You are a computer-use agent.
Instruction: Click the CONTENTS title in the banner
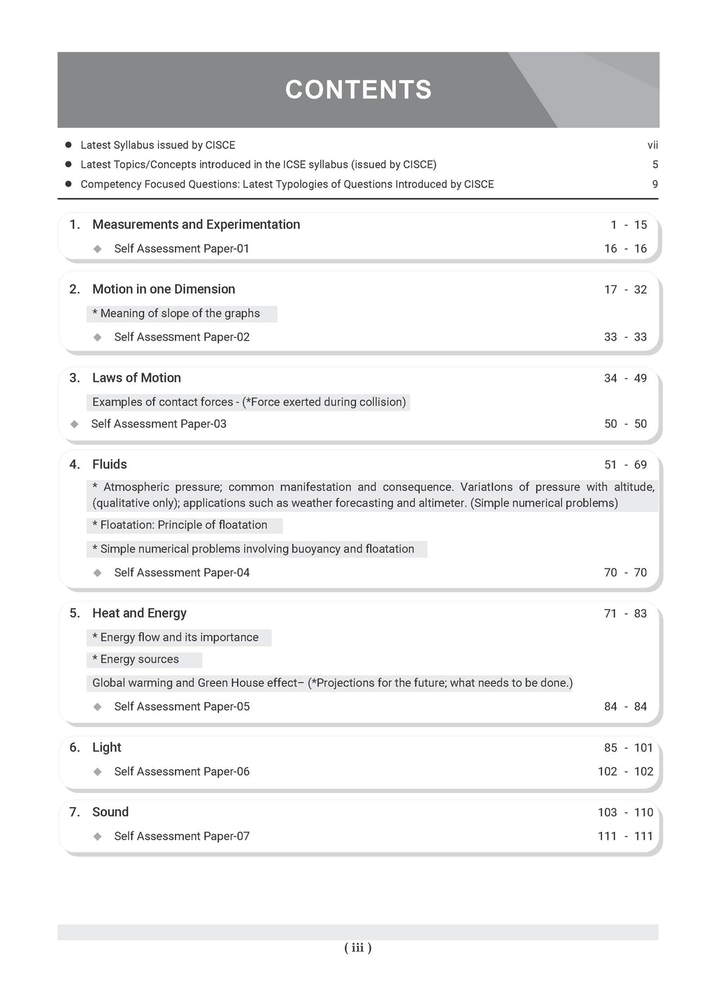(x=358, y=90)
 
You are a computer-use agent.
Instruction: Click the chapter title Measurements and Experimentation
(x=196, y=224)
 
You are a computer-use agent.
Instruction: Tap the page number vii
(x=652, y=145)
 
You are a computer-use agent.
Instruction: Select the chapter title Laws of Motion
(x=136, y=378)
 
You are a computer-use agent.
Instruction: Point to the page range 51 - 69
(x=625, y=465)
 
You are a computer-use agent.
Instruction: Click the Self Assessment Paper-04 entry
(x=182, y=573)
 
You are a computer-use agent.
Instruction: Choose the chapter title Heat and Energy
(x=139, y=613)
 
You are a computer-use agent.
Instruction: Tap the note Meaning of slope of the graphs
(x=180, y=313)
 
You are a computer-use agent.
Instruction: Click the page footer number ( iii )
(x=358, y=948)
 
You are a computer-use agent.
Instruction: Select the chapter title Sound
(x=110, y=812)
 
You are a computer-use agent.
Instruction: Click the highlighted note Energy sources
(x=139, y=659)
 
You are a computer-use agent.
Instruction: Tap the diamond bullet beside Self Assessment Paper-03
(x=75, y=424)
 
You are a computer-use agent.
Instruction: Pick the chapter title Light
(x=106, y=748)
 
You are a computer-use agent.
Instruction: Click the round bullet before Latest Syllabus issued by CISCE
(x=69, y=145)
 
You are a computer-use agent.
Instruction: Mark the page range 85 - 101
(x=629, y=748)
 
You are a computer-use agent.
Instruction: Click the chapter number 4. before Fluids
(x=75, y=464)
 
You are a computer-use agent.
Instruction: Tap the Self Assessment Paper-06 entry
(x=182, y=772)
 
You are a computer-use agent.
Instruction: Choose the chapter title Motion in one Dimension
(x=164, y=290)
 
